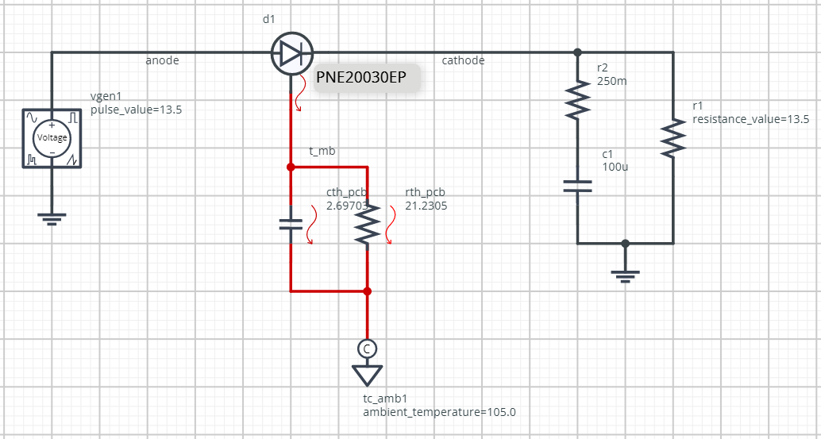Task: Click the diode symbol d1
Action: (291, 54)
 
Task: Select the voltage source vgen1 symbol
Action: (52, 138)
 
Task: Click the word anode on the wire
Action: (162, 60)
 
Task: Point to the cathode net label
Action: (463, 60)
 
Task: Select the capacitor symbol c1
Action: (577, 187)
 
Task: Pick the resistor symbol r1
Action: (673, 138)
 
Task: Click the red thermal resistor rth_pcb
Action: (367, 225)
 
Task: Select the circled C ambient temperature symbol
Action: (367, 348)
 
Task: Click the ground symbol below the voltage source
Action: (52, 217)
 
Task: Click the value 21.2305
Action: (426, 206)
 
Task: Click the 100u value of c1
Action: (614, 168)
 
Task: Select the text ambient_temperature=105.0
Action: (439, 412)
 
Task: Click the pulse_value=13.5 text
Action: (137, 110)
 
